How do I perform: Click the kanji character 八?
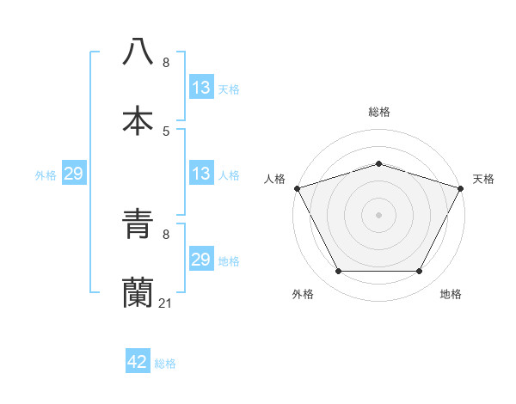(x=138, y=52)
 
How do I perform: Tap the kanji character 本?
(x=138, y=119)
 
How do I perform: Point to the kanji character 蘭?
(x=138, y=293)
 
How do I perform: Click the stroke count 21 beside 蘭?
(x=166, y=303)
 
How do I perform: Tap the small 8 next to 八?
(x=166, y=63)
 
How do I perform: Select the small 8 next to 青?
(x=166, y=234)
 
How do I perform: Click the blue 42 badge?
(x=138, y=362)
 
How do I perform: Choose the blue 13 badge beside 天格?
(x=201, y=88)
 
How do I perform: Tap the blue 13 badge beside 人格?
(x=201, y=174)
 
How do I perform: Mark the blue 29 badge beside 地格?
(x=201, y=260)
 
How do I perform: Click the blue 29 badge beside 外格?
(x=73, y=174)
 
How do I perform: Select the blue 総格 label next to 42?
(x=165, y=364)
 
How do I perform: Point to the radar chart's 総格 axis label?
(x=378, y=112)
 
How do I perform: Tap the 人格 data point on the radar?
(x=297, y=187)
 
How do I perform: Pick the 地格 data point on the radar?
(x=420, y=272)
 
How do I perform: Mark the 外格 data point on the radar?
(x=338, y=272)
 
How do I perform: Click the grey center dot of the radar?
(x=378, y=214)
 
